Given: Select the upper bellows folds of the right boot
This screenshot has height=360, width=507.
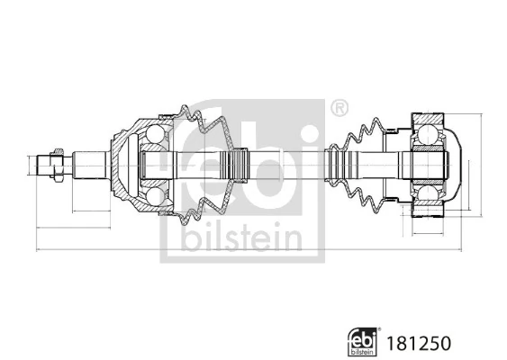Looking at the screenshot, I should pos(365,133).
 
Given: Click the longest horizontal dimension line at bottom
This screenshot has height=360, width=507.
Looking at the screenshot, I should pos(243,251).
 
